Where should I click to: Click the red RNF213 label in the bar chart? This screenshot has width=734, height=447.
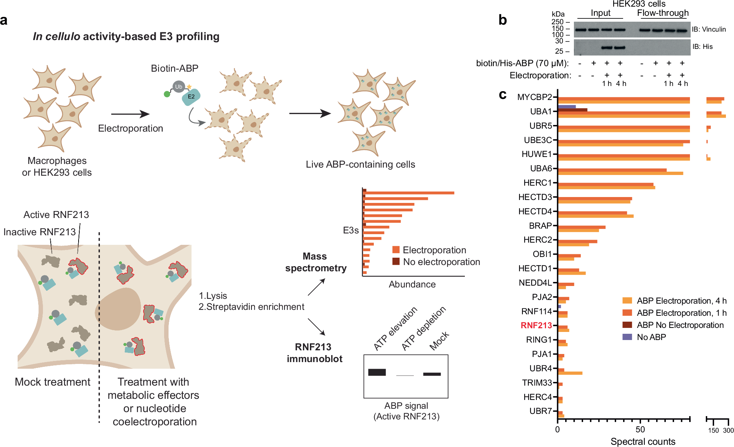536,325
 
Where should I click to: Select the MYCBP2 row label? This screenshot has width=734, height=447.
534,97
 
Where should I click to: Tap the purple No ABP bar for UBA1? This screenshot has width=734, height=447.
567,107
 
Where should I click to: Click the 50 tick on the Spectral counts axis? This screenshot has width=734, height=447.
640,429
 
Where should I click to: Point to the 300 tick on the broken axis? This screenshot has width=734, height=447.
728,430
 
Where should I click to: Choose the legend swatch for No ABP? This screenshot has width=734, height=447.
627,337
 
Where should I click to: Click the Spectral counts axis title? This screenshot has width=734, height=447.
643,441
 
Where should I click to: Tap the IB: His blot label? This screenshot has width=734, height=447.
702,47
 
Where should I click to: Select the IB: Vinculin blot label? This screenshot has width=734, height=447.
709,29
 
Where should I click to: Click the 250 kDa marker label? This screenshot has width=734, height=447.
557,22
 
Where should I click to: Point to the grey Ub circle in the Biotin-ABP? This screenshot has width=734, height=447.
178,87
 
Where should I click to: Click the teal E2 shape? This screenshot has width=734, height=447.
191,97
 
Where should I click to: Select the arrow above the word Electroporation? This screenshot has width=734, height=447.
130,114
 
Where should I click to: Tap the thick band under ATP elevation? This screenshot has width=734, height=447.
377,372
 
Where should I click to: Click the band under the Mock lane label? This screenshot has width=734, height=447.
432,374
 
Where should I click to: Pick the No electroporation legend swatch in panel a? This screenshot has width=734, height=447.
396,261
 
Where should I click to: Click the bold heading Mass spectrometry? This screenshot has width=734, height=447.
315,262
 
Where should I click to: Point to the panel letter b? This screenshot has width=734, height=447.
502,20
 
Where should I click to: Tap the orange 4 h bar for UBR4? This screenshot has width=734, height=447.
570,373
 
